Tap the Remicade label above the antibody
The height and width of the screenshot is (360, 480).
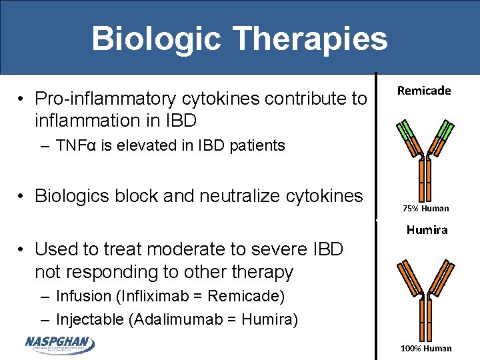424,91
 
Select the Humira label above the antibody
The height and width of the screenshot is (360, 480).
427,230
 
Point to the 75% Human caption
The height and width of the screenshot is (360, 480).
426,209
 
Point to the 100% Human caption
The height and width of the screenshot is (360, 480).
426,348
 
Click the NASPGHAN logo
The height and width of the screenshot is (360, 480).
59,344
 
